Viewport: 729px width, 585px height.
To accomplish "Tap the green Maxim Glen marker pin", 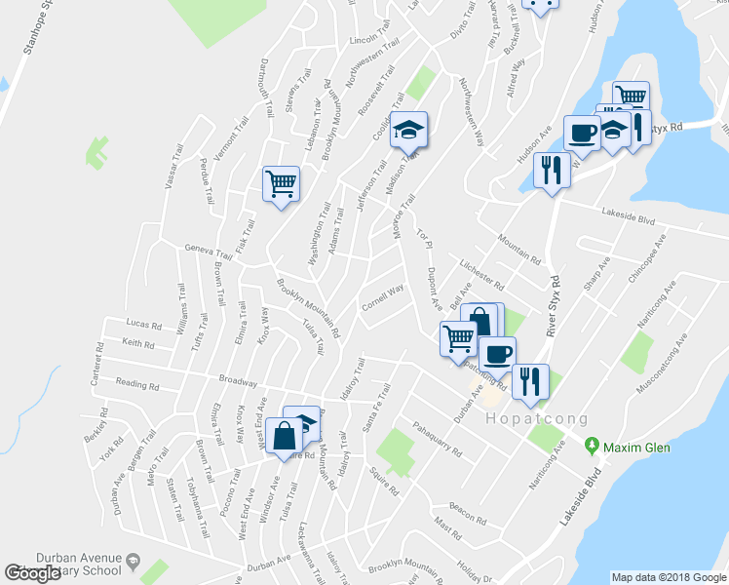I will pyautogui.click(x=591, y=447).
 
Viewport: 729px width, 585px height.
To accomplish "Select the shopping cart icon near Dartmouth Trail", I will pyautogui.click(x=281, y=183).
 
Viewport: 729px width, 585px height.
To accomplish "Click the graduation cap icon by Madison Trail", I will pyautogui.click(x=409, y=131).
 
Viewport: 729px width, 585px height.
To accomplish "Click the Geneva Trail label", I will pyautogui.click(x=207, y=249).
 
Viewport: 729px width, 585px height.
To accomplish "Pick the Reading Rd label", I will pyautogui.click(x=135, y=385).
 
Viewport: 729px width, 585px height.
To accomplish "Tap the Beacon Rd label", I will pyautogui.click(x=468, y=507).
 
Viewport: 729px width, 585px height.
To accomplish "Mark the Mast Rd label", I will pyautogui.click(x=449, y=531).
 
